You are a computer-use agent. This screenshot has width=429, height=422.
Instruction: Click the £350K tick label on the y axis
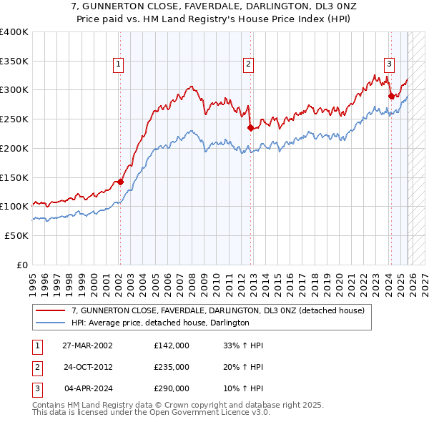[x=14, y=62]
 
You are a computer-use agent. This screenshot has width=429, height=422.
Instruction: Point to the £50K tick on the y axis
[x=16, y=235]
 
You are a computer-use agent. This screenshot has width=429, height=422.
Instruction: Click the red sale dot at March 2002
[x=120, y=182]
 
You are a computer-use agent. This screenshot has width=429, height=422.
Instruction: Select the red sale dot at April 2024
[x=390, y=96]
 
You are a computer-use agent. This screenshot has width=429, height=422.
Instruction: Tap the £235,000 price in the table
[x=171, y=367]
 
